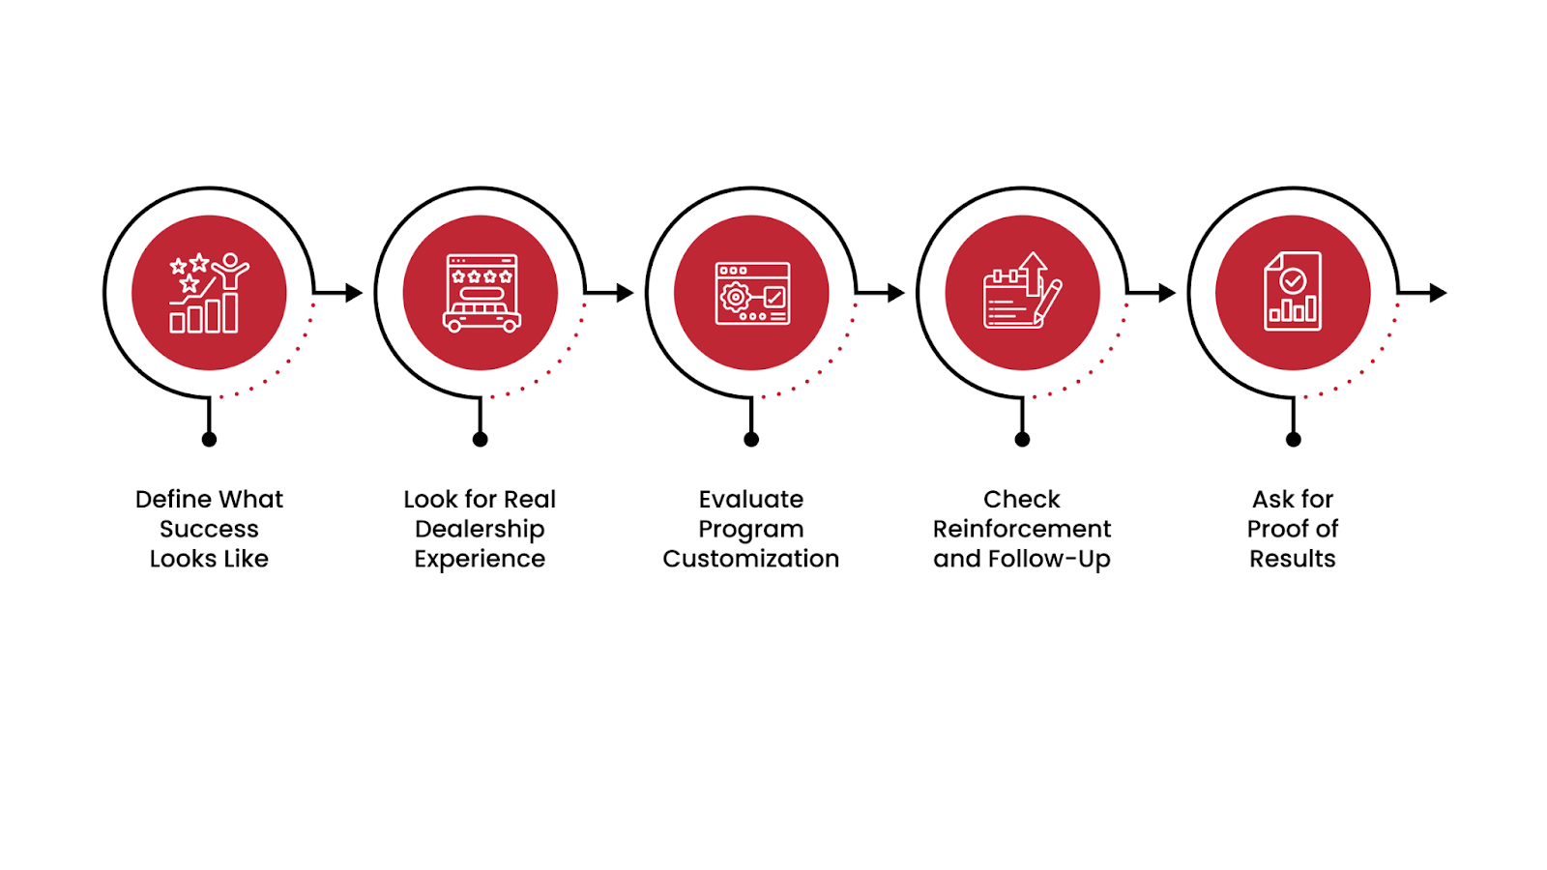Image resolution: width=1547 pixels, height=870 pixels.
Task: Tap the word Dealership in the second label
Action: [x=480, y=529]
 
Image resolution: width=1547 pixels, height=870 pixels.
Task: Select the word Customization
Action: [x=750, y=559]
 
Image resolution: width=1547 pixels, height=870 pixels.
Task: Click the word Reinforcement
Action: [x=1021, y=529]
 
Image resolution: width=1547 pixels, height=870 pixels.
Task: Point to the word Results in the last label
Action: [x=1292, y=559]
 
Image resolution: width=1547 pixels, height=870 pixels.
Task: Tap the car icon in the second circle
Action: [x=482, y=315]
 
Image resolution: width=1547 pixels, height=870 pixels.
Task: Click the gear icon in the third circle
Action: [x=736, y=297]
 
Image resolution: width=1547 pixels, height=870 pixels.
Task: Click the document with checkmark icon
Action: [x=1293, y=292]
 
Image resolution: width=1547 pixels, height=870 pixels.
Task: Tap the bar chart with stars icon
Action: [x=207, y=294]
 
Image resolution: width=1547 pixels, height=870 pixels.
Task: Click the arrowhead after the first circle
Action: [x=354, y=292]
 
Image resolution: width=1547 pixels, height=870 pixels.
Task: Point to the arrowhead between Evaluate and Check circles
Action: [x=896, y=292]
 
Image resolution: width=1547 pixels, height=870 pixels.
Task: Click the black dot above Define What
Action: [x=209, y=440]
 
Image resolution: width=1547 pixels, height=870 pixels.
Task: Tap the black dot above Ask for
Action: [x=1293, y=440]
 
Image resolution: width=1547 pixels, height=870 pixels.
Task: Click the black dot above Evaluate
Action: [x=751, y=440]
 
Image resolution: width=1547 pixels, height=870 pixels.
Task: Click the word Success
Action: [x=209, y=529]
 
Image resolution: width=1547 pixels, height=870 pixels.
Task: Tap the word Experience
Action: [x=480, y=559]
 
